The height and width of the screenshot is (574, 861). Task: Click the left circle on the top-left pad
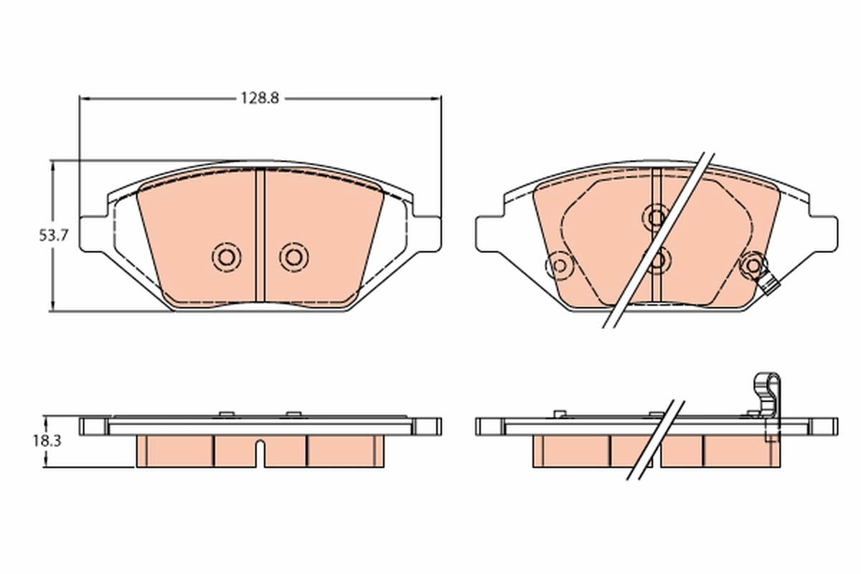click(226, 257)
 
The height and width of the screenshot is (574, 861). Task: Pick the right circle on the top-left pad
click(293, 257)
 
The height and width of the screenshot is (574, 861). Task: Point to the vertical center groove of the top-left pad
click(260, 237)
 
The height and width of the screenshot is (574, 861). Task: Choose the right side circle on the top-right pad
click(753, 266)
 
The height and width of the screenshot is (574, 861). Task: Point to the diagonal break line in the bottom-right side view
click(654, 439)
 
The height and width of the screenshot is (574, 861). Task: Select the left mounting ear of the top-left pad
click(93, 233)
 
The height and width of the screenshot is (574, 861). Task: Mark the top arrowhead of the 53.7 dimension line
click(52, 164)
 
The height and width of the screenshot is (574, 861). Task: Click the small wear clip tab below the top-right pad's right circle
click(771, 286)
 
